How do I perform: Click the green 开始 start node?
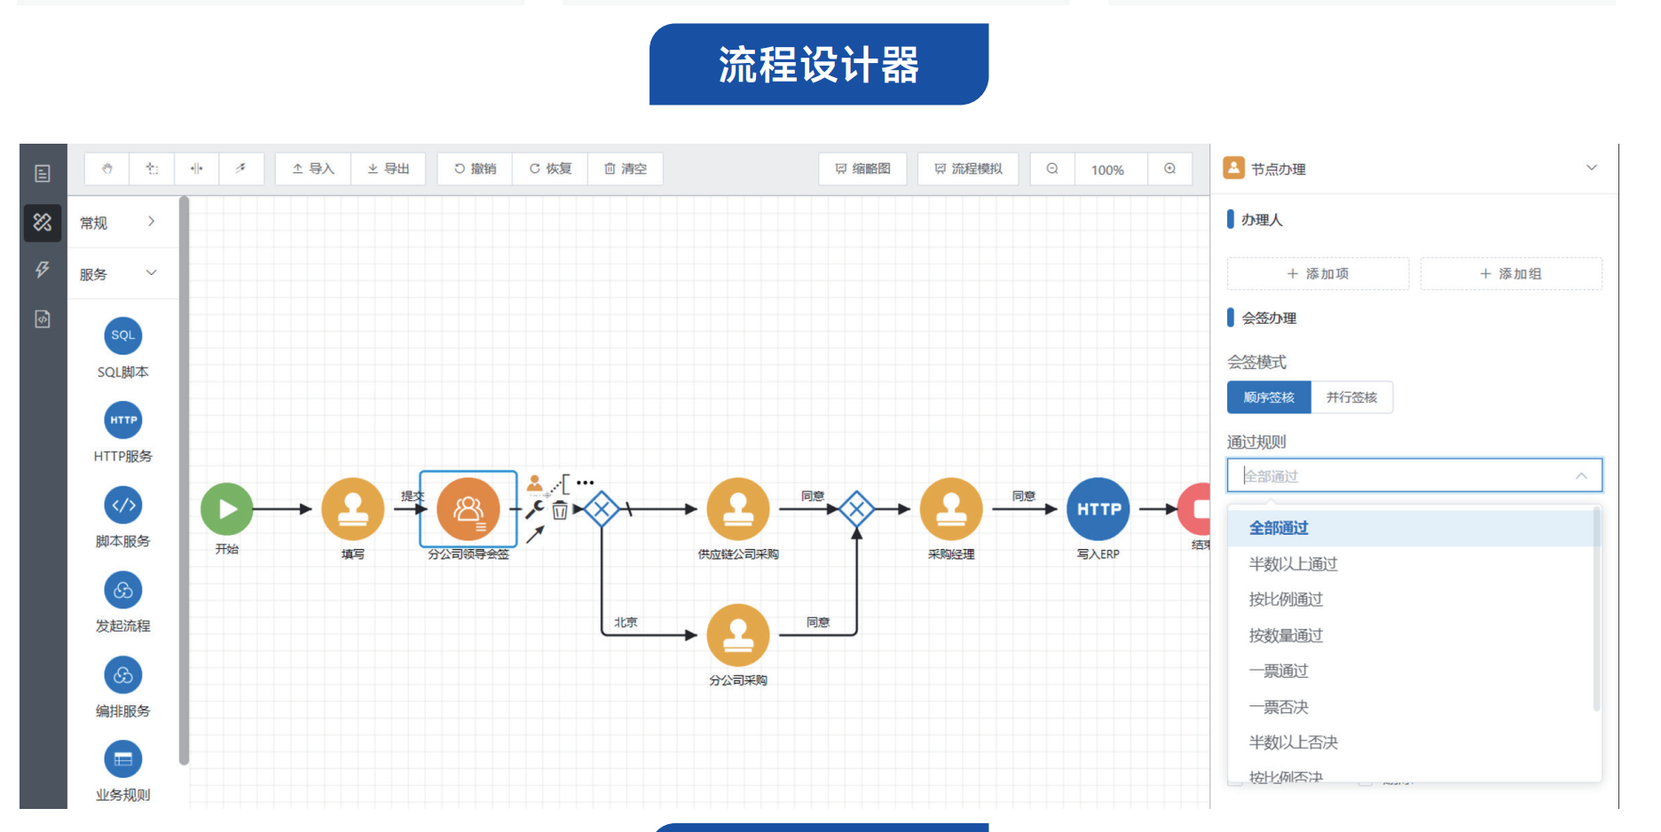point(227,509)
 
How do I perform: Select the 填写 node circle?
point(352,509)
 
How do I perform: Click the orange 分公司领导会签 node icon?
point(468,509)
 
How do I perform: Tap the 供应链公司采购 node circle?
point(737,509)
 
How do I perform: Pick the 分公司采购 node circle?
point(737,635)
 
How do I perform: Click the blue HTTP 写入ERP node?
point(1098,509)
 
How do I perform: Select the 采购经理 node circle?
point(951,509)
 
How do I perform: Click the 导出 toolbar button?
point(389,169)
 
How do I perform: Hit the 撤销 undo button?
point(475,169)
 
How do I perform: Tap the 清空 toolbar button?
point(626,169)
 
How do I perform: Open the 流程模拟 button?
point(968,169)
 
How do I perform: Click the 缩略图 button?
point(862,169)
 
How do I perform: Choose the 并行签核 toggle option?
point(1351,397)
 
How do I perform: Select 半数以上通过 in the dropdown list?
point(1293,564)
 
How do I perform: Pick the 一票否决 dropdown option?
point(1279,707)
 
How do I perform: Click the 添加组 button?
point(1510,274)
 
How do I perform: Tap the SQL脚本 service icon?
point(123,335)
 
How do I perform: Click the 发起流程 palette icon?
point(123,590)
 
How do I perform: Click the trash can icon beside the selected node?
point(560,510)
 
